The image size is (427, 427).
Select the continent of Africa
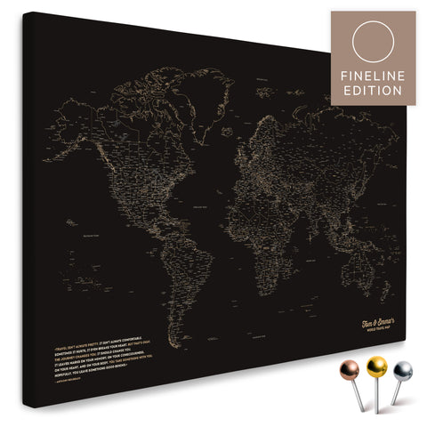pyautogui.click(x=246, y=214)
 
